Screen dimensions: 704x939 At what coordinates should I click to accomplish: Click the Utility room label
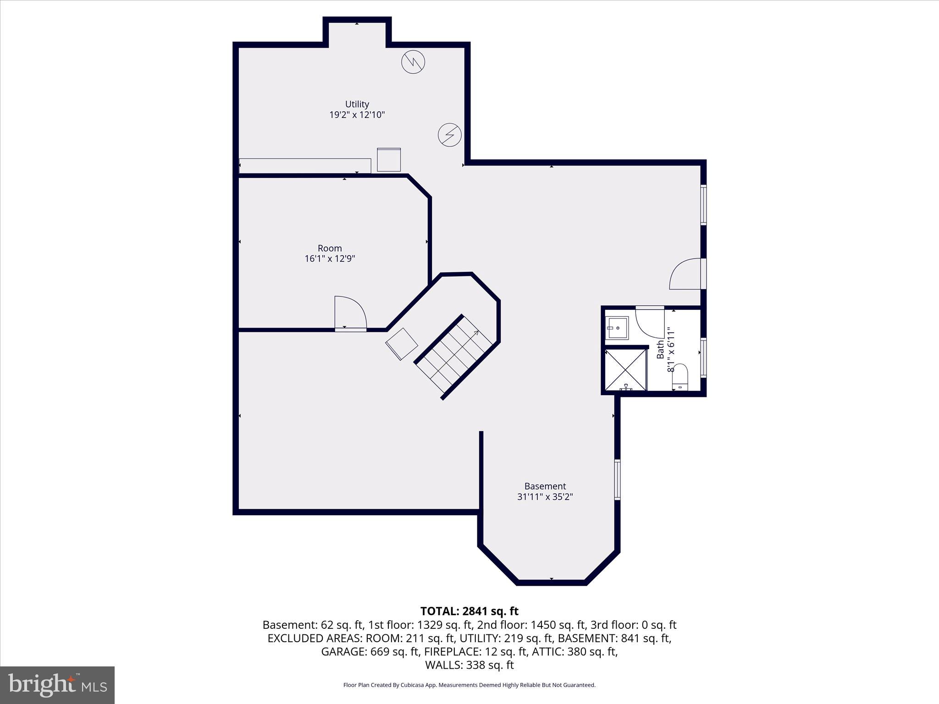pos(357,104)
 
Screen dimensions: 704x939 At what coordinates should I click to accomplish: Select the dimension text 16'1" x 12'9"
pos(330,259)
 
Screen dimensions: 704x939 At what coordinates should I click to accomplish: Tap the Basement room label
pos(545,486)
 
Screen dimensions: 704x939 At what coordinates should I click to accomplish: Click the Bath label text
pos(660,349)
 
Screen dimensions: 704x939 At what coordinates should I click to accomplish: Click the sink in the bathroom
pos(617,327)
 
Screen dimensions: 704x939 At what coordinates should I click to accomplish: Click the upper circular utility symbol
pos(413,62)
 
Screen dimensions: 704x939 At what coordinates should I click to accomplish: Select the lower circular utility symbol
pos(449,135)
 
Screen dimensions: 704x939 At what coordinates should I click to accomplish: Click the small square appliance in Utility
pos(389,160)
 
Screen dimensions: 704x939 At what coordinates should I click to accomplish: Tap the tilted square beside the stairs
pos(402,344)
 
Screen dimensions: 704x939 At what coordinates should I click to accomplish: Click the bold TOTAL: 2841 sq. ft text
pos(469,611)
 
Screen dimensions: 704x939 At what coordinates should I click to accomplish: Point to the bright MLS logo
pos(57,685)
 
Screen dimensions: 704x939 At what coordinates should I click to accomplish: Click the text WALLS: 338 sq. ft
pos(469,665)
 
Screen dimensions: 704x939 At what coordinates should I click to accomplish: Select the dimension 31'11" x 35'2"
pos(545,497)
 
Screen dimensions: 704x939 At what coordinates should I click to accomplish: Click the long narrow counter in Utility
pos(305,166)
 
